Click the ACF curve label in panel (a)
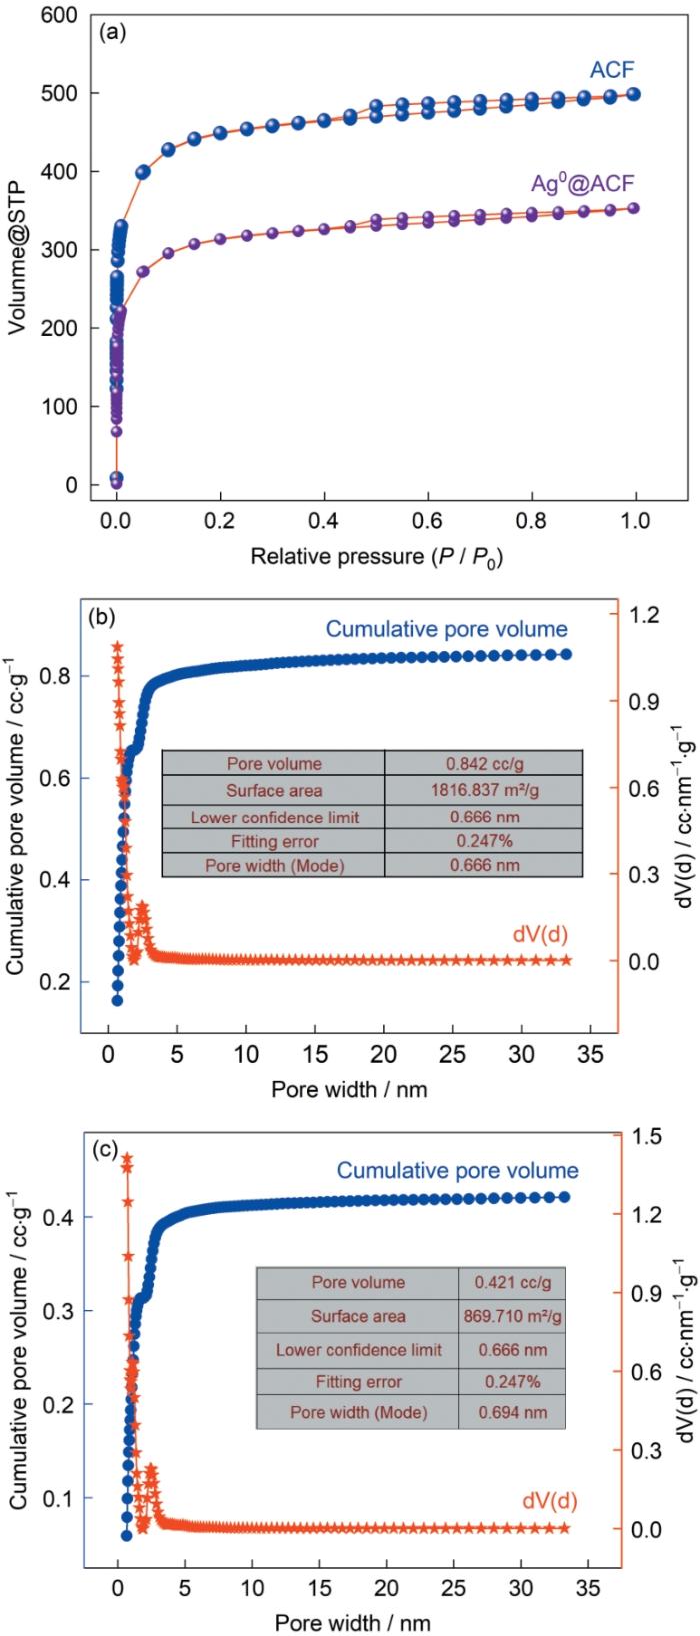(x=612, y=70)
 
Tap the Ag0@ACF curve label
(x=582, y=184)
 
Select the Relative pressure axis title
(x=376, y=555)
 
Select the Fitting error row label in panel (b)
(x=274, y=841)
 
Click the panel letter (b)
(x=104, y=616)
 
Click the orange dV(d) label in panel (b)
(x=542, y=935)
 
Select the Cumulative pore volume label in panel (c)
(x=457, y=1170)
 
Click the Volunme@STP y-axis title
(x=18, y=249)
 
